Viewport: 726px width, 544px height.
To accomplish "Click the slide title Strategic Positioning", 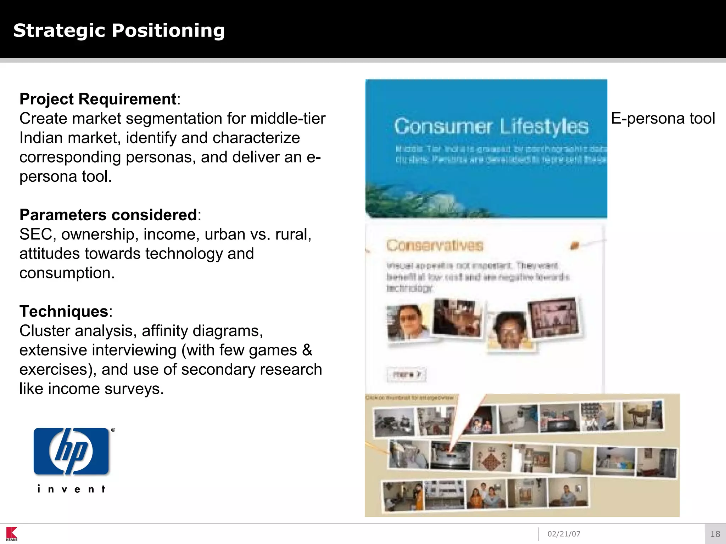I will coord(119,30).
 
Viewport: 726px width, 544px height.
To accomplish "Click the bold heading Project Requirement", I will coord(98,99).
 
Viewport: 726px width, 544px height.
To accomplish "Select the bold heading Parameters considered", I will coord(108,215).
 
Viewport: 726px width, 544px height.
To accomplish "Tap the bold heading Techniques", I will coord(64,312).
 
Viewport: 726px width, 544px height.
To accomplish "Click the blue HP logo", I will coord(71,451).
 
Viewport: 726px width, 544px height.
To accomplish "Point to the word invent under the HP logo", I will coord(71,489).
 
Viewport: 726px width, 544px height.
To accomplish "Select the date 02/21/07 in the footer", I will coord(564,534).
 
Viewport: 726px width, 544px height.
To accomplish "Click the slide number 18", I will coord(715,534).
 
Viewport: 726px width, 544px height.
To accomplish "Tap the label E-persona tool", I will coord(663,118).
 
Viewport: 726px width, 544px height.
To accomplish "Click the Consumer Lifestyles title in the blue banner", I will coord(491,126).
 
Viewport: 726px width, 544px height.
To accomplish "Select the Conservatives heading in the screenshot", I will coord(435,245).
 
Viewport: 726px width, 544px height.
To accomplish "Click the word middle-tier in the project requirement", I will coord(287,119).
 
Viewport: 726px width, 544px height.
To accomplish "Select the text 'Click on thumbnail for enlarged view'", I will coord(409,398).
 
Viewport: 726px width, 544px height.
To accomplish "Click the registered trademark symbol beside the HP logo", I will coord(113,430).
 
